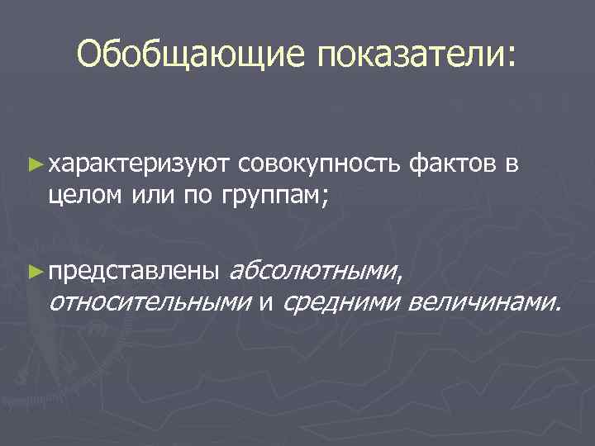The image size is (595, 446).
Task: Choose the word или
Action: click(150, 197)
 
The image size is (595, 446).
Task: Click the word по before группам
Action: click(193, 197)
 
